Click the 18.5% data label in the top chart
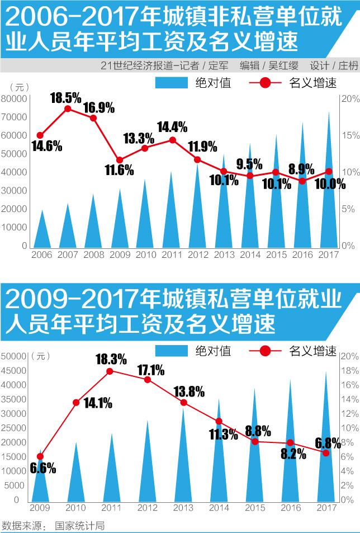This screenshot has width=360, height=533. pos(65,97)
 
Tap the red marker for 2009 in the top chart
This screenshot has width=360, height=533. pos(119,160)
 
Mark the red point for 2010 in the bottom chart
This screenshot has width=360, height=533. pos(76,402)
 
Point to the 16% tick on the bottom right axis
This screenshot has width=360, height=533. pos(349,385)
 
